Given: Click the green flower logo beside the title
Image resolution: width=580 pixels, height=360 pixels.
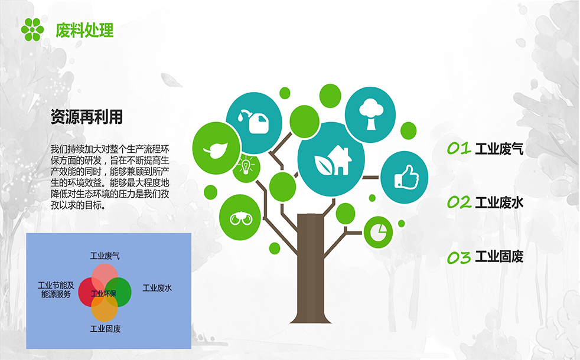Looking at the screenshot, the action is [x=32, y=30].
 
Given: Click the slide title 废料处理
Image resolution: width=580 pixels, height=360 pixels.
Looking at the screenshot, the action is [x=84, y=30].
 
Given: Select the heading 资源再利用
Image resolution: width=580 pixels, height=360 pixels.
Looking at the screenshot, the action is [x=87, y=117].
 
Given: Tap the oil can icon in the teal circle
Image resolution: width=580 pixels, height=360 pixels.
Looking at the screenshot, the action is [x=254, y=121].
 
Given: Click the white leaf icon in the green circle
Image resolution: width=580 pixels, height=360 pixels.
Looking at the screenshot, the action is [x=216, y=149].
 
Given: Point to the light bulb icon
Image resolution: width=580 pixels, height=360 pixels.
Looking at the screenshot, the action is [x=246, y=165].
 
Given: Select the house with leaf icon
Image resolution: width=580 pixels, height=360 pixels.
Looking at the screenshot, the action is [x=333, y=160].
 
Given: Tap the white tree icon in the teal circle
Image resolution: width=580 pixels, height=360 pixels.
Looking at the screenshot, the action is [x=371, y=114].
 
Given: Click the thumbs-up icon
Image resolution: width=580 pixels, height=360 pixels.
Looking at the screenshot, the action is [x=406, y=178].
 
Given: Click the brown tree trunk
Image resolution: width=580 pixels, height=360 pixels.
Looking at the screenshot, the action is [x=311, y=268].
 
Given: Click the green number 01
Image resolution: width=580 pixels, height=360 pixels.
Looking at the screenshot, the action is [x=459, y=148].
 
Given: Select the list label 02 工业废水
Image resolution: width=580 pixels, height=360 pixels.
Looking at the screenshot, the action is [x=485, y=202].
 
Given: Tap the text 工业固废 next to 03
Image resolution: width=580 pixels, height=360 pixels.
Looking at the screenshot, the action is [x=499, y=257].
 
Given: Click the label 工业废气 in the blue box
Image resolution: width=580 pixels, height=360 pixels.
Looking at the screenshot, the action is [x=105, y=256].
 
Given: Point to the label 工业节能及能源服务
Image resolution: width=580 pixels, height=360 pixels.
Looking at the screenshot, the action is [x=56, y=290].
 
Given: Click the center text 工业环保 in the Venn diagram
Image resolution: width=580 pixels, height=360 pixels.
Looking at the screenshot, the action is [x=103, y=293].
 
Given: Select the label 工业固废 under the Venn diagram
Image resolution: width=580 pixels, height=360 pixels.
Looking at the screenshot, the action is [x=105, y=329].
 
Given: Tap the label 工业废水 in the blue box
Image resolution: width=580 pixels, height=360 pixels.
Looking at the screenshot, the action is [x=157, y=288].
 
